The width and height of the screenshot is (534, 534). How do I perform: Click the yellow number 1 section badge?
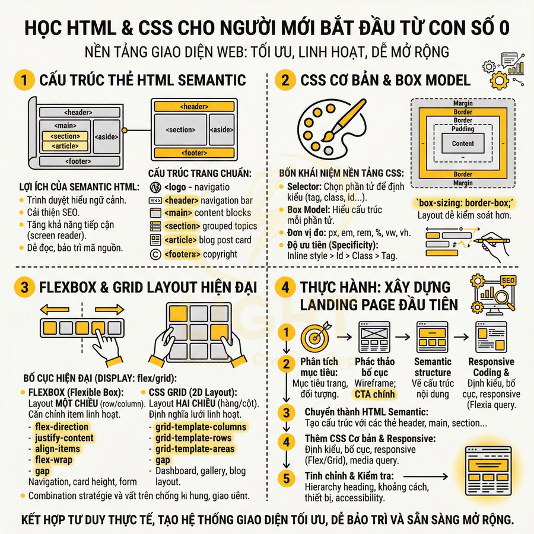[24, 80]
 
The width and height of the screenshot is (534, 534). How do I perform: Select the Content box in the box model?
[463, 143]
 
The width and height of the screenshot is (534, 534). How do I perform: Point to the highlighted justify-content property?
[63, 438]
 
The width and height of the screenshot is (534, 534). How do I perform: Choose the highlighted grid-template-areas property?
[195, 449]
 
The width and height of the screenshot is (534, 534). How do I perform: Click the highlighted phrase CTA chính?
[374, 393]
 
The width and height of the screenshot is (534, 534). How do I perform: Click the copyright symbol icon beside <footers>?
[155, 254]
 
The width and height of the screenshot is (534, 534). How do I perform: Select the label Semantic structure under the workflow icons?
[433, 367]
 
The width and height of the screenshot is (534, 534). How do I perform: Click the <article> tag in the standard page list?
[180, 240]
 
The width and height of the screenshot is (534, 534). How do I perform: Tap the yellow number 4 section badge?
[285, 288]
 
